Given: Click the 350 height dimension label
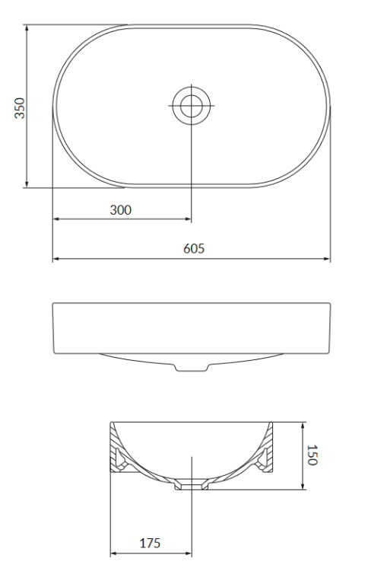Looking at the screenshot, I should [x=21, y=107].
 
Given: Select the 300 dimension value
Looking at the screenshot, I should [x=120, y=210].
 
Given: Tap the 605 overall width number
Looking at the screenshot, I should [x=193, y=249].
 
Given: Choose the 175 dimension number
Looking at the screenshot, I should [x=151, y=544].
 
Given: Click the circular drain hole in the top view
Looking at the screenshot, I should [x=191, y=105].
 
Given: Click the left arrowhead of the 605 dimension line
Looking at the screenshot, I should [x=55, y=260].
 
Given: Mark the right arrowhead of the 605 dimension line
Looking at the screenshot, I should [x=328, y=260].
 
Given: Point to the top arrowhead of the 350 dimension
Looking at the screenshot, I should [x=27, y=28].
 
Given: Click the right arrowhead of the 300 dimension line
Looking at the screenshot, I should [x=188, y=220].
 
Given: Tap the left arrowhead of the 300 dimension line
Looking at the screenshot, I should [x=55, y=220].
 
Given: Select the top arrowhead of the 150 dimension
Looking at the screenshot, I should [x=303, y=425].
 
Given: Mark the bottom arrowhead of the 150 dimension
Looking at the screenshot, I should [x=303, y=486].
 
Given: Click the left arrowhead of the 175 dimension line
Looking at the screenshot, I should [x=113, y=553].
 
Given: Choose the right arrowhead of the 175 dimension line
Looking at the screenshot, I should [x=189, y=553].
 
